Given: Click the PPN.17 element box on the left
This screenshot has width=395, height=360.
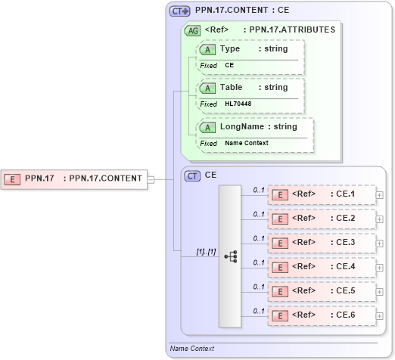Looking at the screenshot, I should coord(73,179).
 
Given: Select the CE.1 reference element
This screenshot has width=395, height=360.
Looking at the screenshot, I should coord(322,194).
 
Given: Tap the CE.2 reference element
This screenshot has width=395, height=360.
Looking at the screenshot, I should coord(322,219).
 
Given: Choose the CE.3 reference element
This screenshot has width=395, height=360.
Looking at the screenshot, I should coord(322,243).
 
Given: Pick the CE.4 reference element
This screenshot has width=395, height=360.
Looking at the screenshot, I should coord(322,267).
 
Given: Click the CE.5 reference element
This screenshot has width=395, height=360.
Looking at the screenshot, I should coord(322,291).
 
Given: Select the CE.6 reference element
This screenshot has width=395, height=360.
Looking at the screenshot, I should coord(322,315).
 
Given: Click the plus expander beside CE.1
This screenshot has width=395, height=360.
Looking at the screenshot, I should coord(380,195).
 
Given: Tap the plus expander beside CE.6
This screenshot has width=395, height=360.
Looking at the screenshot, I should coord(380,315).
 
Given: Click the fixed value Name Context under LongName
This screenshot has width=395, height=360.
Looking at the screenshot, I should coord(246,143).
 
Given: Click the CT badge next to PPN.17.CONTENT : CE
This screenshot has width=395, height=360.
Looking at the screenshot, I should coord(179,11).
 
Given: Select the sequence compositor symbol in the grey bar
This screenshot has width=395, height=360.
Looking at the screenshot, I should coord(230,256).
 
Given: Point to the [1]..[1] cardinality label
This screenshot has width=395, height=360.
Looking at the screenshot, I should coord(206,250).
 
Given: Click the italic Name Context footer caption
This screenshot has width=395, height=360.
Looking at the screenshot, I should coord(192,349).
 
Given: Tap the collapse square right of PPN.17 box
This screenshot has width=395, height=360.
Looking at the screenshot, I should coord(151,179).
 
